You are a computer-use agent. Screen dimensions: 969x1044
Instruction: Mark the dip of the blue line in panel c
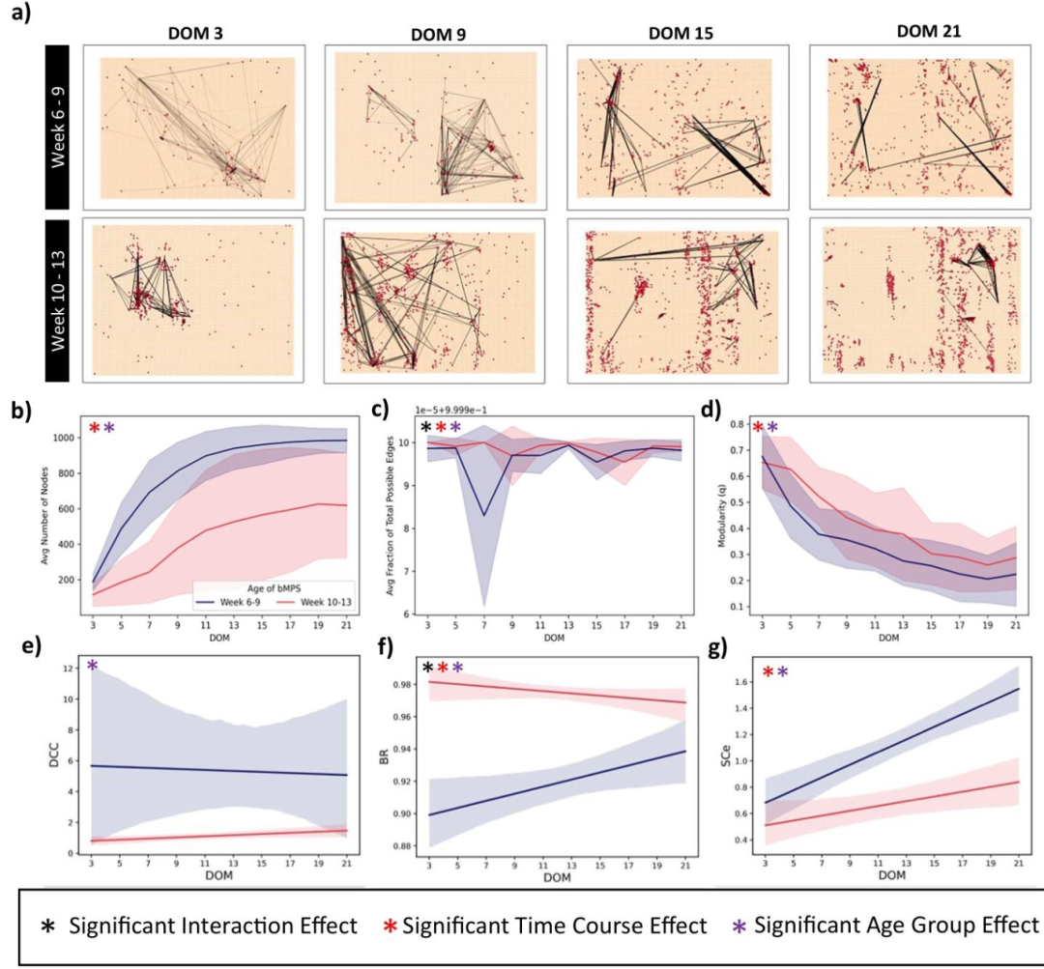coord(484,515)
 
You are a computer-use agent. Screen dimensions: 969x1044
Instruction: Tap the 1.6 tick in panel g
coord(743,681)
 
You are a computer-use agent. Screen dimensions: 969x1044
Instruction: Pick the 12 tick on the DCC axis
coord(69,668)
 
